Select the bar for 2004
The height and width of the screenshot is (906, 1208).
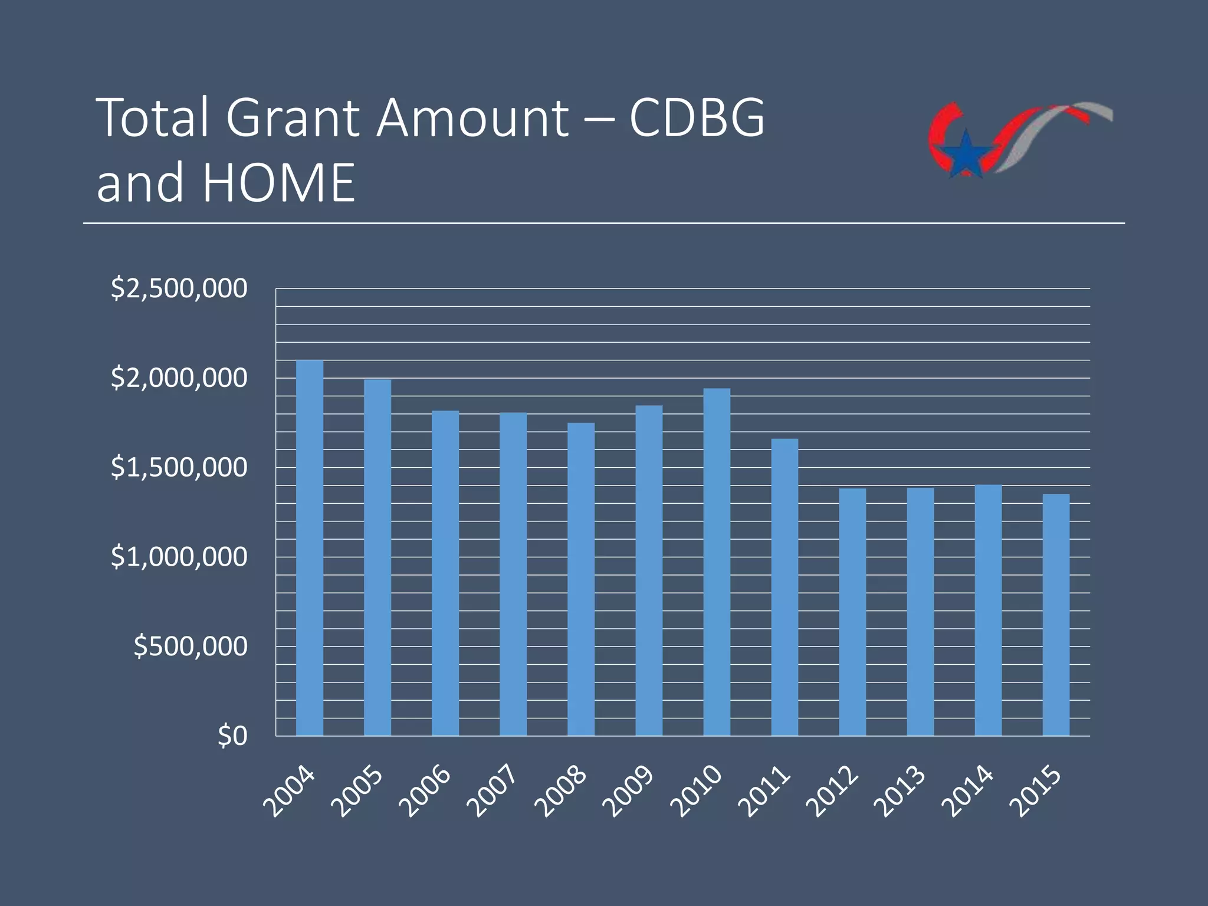click(x=309, y=549)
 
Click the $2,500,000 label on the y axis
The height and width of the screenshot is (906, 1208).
click(x=179, y=288)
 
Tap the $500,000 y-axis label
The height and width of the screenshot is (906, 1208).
click(x=190, y=646)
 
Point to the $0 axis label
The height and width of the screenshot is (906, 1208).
click(x=232, y=736)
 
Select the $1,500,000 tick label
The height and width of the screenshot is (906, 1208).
click(x=179, y=467)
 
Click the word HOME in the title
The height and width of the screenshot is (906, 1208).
click(x=279, y=183)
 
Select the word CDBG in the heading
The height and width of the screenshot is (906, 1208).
click(x=697, y=117)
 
